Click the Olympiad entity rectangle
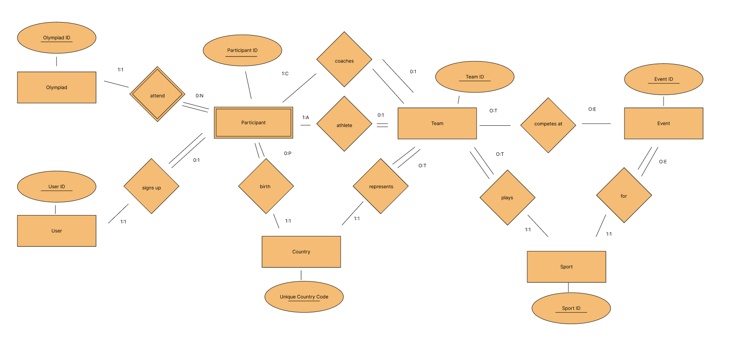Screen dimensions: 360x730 [56, 87]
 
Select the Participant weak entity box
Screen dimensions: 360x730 [253, 123]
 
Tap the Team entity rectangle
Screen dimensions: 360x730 [437, 124]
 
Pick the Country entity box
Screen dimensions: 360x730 [301, 252]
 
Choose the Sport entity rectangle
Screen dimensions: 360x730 [566, 267]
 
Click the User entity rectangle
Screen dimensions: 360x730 [56, 231]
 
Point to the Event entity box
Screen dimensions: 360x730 [664, 124]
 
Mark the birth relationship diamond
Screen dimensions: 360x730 [266, 186]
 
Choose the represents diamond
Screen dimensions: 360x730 [381, 186]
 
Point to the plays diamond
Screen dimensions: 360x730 [507, 197]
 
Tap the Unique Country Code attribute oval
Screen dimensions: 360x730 [304, 297]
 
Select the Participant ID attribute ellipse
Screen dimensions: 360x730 [242, 50]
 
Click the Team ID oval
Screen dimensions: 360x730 [475, 77]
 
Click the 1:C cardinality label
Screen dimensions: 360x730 [285, 74]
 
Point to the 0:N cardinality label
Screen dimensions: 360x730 [200, 96]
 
